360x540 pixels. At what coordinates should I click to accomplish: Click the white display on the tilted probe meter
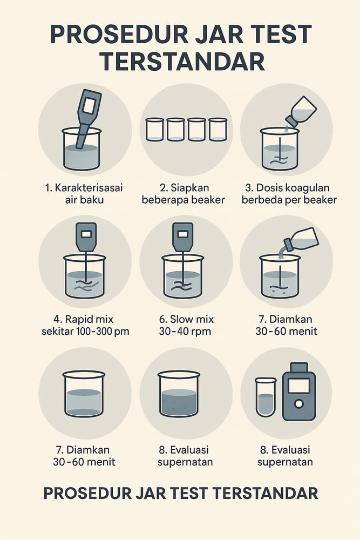tap(89, 105)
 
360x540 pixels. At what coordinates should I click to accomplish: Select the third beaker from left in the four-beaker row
tap(197, 130)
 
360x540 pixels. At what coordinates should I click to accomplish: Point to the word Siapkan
tap(189, 188)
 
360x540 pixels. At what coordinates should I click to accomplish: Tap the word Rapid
tap(79, 320)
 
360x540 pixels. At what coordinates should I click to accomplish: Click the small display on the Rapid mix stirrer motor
tap(86, 234)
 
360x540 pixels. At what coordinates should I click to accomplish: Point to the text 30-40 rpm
tap(185, 332)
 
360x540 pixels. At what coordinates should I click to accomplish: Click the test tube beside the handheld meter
tap(266, 397)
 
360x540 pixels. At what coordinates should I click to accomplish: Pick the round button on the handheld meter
tap(298, 403)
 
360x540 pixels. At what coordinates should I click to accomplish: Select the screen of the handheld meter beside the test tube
tap(298, 386)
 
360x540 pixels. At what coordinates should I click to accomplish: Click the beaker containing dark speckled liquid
tap(179, 394)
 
